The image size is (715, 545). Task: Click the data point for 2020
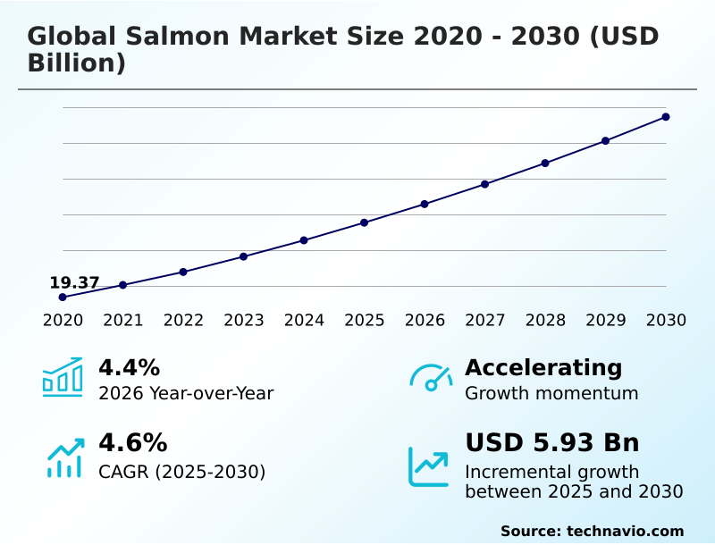pos(63,297)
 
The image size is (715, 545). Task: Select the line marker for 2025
pos(364,222)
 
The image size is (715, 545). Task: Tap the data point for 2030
pos(666,117)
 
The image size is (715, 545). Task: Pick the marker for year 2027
pos(484,184)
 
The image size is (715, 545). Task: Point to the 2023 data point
pos(243,256)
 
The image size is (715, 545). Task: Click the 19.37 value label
pos(74,282)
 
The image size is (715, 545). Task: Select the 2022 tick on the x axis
pos(183,320)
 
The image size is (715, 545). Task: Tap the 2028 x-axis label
pos(545,320)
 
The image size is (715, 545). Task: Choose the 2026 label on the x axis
pos(425,320)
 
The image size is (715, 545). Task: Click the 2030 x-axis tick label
pos(666,320)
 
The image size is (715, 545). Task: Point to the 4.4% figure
pos(129,367)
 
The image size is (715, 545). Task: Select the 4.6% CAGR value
pos(132,442)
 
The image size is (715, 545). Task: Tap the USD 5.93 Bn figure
pos(551,442)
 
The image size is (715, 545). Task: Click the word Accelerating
pos(543,367)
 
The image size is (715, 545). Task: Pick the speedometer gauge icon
pos(430,377)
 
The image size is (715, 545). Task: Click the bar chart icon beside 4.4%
pos(63,377)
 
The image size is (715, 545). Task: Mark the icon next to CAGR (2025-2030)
pos(64,457)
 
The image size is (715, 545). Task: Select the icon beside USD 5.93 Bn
pos(429,465)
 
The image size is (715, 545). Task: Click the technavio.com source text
pos(625,531)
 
